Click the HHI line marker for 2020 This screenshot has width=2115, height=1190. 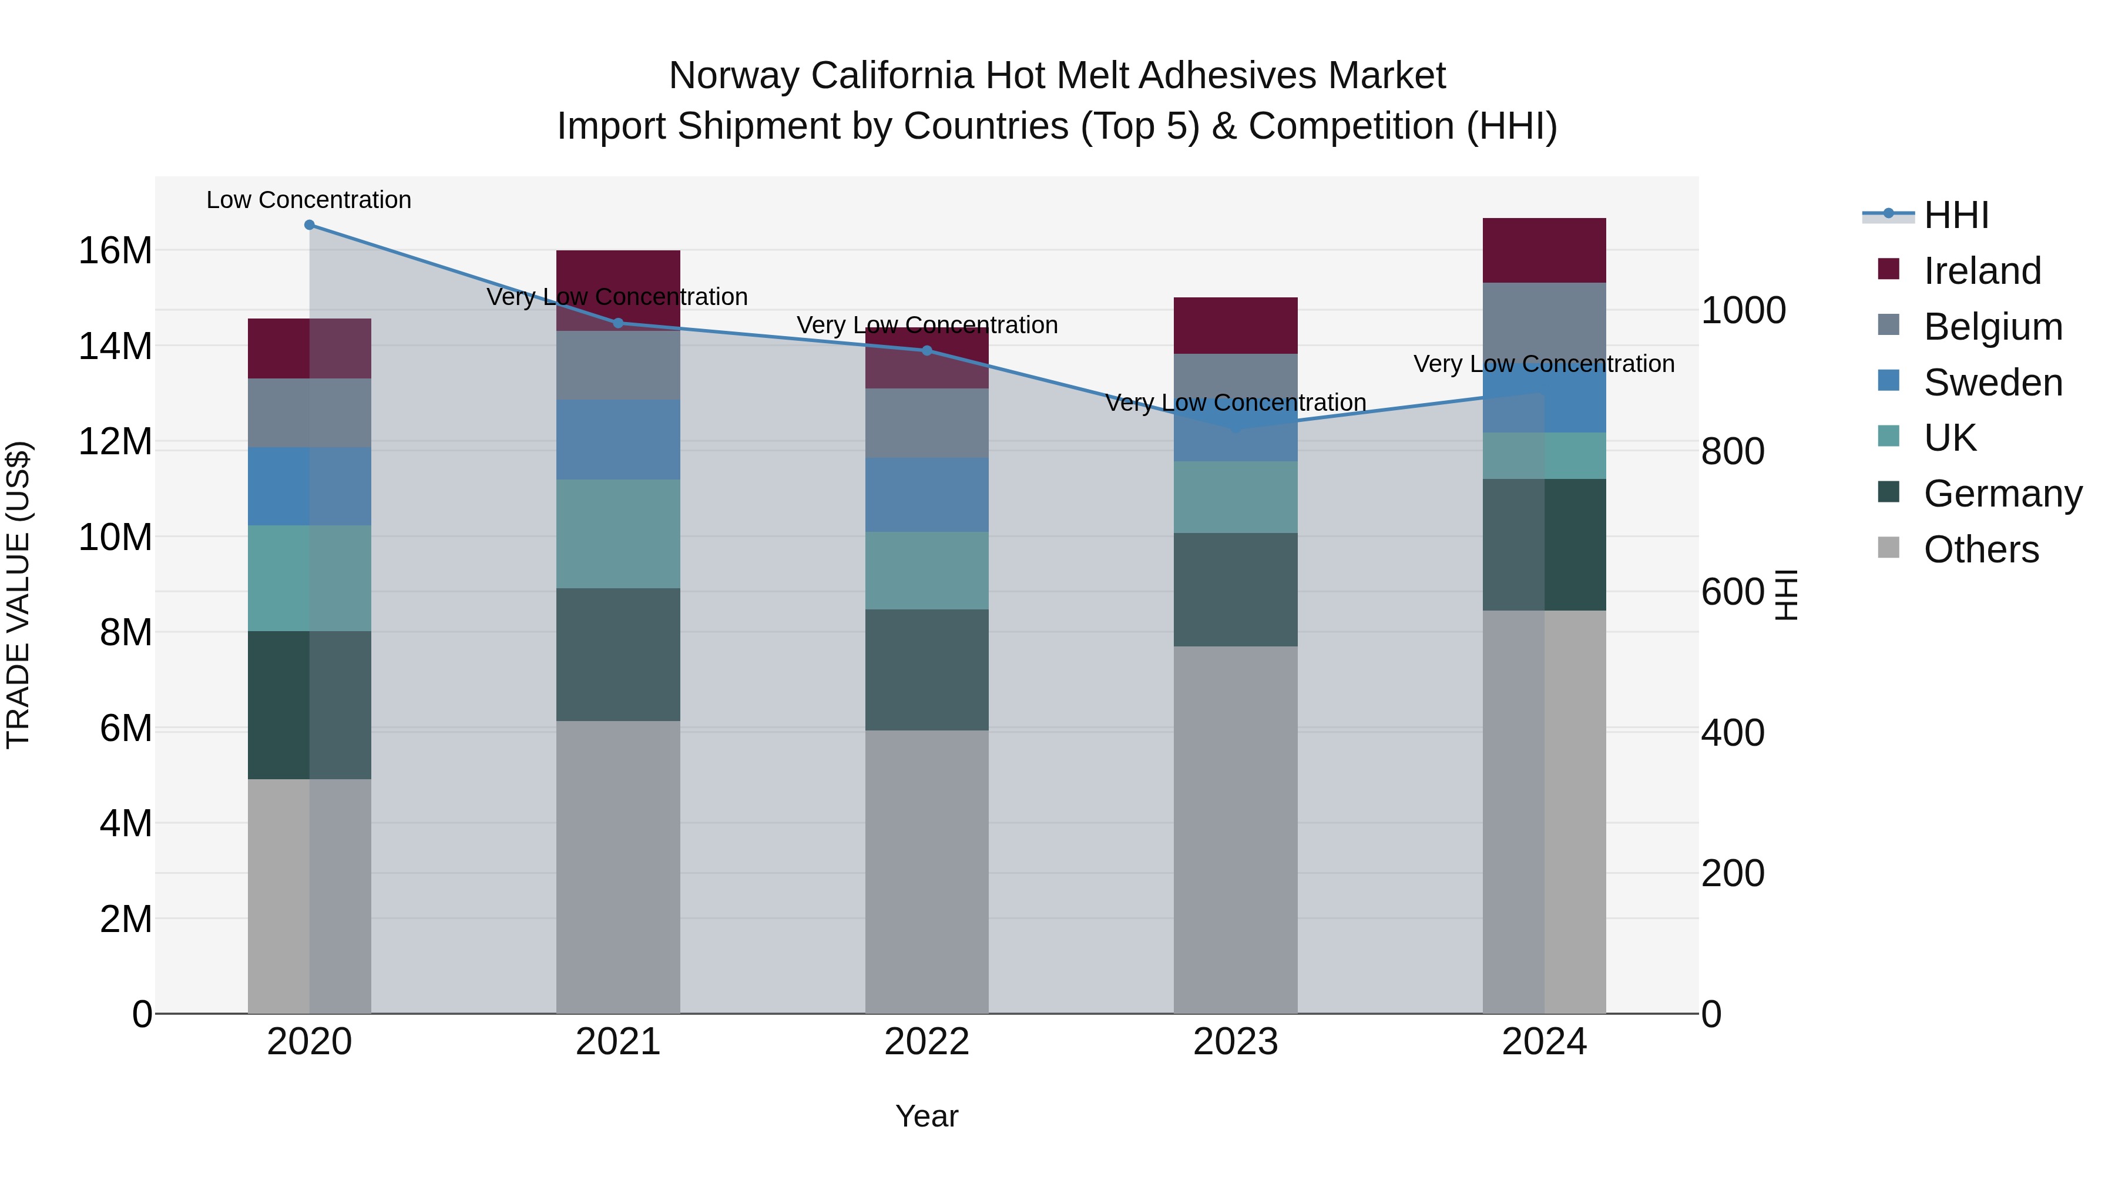coord(310,225)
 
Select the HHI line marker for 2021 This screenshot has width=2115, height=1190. coord(618,323)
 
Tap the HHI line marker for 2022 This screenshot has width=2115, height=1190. coord(927,351)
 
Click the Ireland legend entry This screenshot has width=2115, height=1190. coord(1981,271)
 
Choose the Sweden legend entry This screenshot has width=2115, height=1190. coord(1992,383)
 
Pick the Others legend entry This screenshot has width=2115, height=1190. coord(1980,549)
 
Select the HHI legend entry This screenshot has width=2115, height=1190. coord(1956,215)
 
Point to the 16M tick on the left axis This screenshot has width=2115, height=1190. coord(115,250)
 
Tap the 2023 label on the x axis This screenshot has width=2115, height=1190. coord(1235,1042)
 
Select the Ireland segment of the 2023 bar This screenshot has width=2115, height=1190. coord(1235,326)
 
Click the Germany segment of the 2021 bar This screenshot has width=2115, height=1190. coord(618,655)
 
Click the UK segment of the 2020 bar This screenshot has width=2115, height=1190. coord(310,578)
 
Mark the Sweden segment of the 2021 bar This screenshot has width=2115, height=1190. coord(618,440)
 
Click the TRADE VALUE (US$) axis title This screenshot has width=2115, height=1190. coord(18,595)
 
